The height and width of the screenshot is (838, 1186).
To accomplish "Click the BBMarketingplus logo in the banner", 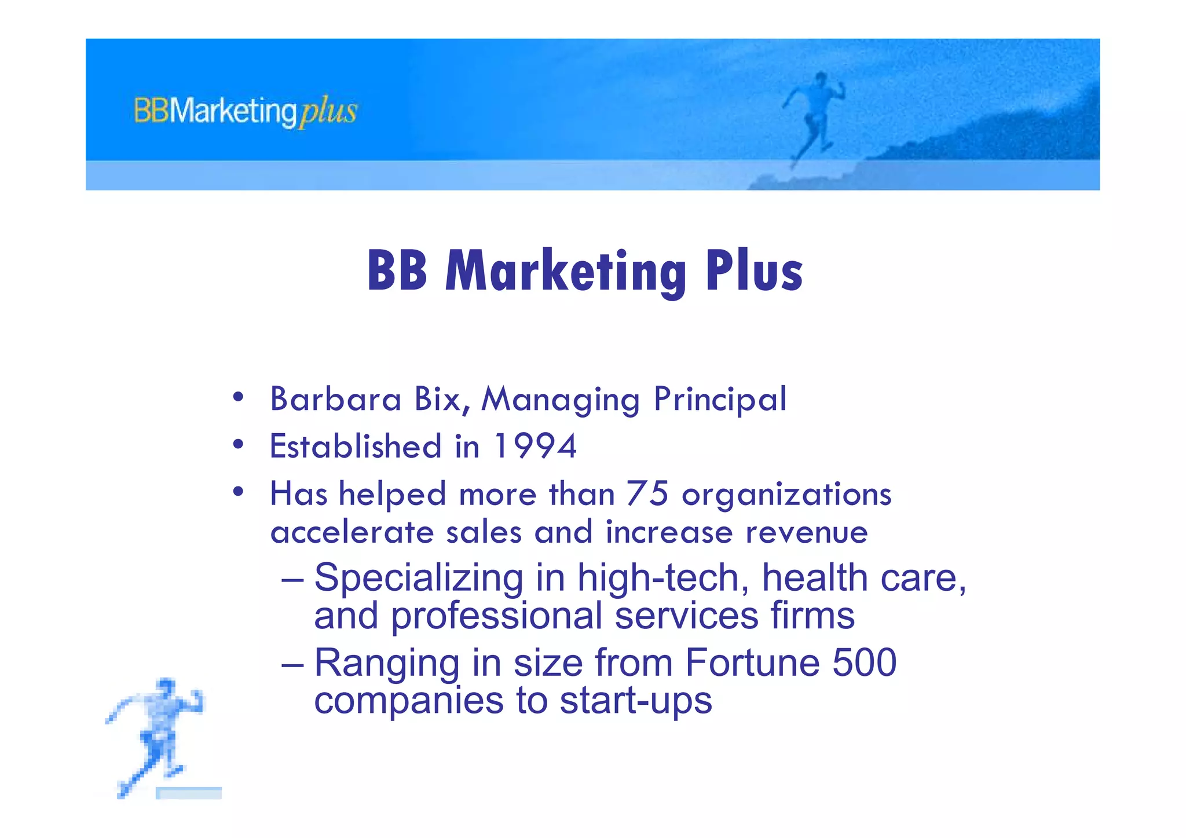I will [x=246, y=111].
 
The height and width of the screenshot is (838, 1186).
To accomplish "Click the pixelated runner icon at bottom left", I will [x=156, y=735].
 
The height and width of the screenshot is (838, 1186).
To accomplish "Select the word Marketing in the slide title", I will [x=565, y=271].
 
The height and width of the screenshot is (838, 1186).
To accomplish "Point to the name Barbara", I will [x=335, y=400].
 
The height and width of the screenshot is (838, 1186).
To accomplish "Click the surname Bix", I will [x=441, y=400].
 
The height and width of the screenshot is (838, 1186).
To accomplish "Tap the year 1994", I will [x=535, y=447].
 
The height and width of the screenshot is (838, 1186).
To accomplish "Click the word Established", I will [x=356, y=447].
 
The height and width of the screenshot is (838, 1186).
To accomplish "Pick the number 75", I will [x=647, y=493].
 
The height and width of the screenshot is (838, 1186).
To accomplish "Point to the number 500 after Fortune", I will [x=864, y=663].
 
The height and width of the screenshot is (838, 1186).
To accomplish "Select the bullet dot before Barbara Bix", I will [x=238, y=398].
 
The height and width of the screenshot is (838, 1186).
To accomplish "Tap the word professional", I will [x=496, y=616].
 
